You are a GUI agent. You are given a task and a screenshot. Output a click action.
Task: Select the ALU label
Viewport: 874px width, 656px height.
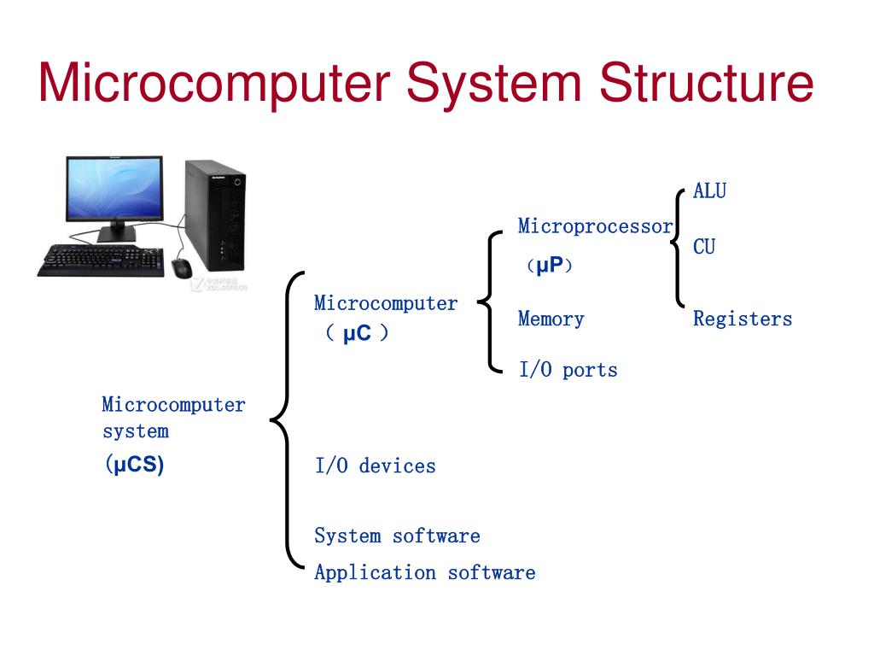coord(709,190)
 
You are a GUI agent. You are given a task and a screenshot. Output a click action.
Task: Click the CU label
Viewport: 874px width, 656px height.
coord(704,247)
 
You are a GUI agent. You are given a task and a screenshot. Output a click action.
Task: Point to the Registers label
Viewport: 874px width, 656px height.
coord(742,319)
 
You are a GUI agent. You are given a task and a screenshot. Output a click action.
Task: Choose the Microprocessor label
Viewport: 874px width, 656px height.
coord(595,226)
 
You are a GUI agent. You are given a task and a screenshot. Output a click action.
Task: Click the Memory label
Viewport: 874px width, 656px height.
coord(551,319)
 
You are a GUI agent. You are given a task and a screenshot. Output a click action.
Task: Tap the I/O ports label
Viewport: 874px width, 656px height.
coord(568,370)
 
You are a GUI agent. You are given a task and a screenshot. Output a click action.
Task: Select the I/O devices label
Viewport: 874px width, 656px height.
coord(375,466)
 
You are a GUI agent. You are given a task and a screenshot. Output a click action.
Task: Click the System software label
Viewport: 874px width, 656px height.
coord(397,536)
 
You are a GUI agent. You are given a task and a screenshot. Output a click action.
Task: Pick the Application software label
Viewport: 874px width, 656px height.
coord(424,572)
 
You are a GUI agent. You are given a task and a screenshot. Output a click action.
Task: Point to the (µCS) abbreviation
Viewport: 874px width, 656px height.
coord(134,466)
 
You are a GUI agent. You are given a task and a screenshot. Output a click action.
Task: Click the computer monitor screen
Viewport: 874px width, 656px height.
coord(114,190)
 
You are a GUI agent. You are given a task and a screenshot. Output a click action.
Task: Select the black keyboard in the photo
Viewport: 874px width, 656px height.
coord(101,260)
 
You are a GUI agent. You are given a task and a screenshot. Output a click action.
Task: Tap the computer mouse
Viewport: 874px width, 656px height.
coord(182,268)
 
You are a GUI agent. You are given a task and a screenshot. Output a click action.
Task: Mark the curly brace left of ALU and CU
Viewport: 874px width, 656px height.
coord(679,246)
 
